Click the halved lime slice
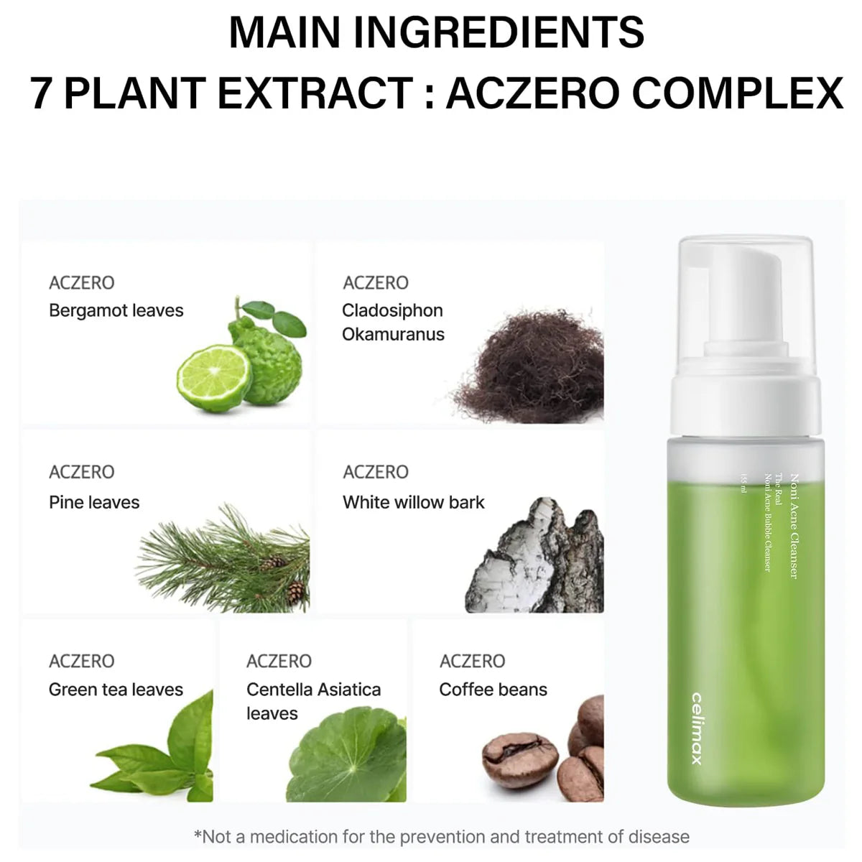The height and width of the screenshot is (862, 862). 213,379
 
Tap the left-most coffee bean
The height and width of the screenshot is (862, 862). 519,759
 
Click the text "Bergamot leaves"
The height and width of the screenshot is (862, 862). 116,311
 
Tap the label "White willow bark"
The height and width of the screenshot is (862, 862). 413,502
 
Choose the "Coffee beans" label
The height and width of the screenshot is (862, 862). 493,690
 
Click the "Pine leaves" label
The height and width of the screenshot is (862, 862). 94,502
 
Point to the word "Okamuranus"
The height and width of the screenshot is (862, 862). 393,335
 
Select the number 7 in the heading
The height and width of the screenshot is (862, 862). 42,93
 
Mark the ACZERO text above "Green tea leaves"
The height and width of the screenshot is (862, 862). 82,661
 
